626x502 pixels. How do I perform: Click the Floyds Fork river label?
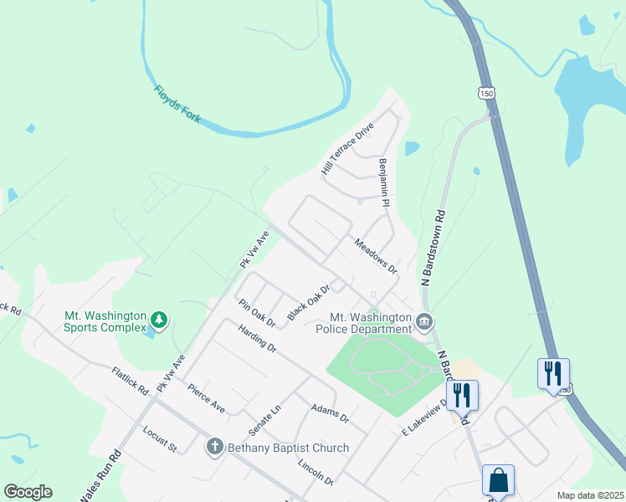177,105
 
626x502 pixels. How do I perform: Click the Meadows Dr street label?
374,256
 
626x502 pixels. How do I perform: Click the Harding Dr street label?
257,338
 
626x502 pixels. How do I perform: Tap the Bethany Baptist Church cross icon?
215,447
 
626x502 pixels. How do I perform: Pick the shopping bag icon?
498,481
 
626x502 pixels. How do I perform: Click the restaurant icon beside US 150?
553,373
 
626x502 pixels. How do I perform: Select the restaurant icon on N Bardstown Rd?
462,395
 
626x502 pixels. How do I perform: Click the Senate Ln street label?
264,421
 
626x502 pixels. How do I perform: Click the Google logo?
28,492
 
